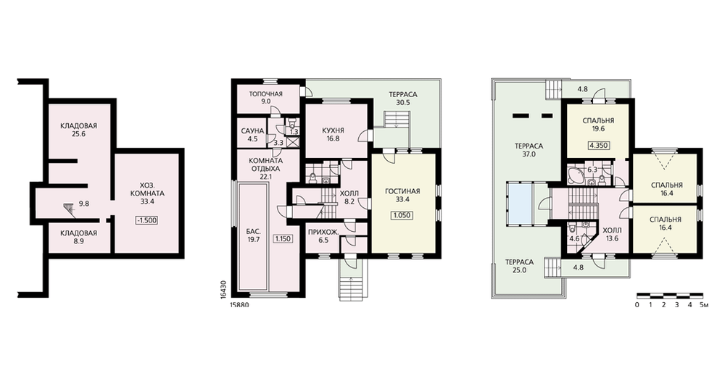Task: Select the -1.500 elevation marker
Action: (146, 220)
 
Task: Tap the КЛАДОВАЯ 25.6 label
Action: (78, 130)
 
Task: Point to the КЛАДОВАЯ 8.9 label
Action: (78, 237)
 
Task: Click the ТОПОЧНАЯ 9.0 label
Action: (266, 98)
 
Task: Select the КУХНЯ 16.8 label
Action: (333, 134)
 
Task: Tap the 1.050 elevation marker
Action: (402, 215)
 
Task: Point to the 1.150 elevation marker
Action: (283, 239)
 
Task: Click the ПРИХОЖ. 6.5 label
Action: (323, 235)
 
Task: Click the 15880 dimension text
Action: (239, 305)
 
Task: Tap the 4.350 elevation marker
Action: (598, 145)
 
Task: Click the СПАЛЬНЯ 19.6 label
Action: (598, 125)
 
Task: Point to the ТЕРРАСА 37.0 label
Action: (529, 150)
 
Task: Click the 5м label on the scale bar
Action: (704, 305)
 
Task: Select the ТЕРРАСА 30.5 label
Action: (403, 99)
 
